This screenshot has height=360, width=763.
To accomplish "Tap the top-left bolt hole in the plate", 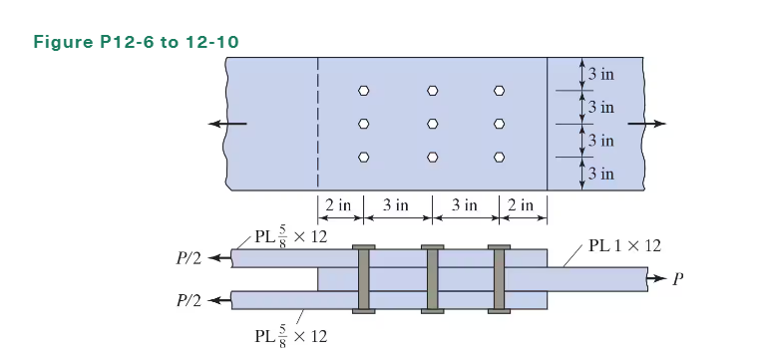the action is (364, 91).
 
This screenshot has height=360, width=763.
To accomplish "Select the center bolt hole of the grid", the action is (432, 124).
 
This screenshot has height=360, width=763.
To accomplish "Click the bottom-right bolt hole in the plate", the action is (499, 158).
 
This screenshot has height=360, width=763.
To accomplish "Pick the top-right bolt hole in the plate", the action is (499, 91).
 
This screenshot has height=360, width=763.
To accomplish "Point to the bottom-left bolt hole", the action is (364, 158).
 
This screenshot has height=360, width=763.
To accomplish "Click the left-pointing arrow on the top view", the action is (227, 124).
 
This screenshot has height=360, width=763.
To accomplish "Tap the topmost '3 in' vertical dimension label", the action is (600, 74).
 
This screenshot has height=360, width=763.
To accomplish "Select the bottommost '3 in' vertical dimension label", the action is (600, 175).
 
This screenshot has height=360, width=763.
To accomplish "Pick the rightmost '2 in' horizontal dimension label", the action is (521, 205).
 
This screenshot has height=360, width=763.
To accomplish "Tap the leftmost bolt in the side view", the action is (364, 279).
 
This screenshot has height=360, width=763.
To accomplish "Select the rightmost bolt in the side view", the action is (499, 279).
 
